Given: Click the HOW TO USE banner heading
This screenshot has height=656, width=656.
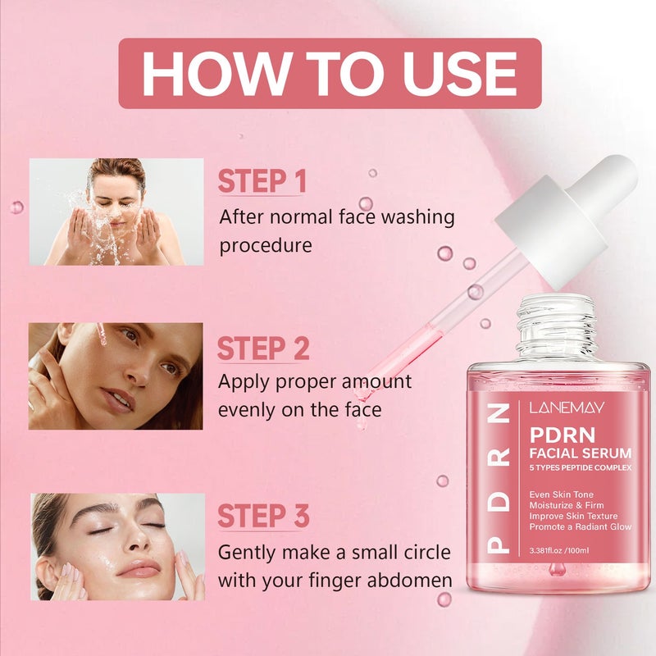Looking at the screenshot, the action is coord(330,74).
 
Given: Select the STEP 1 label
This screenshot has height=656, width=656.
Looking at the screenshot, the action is coord(262,181).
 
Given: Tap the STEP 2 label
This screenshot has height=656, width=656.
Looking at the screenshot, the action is coord(263,348).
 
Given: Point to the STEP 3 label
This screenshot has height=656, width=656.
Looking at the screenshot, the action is coord(263,516).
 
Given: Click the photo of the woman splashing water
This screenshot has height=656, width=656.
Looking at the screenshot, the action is coord(116,212).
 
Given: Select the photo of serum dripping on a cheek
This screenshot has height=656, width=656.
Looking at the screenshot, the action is coord(116,376).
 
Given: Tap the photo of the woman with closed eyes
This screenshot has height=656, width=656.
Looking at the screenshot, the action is coord(117,547).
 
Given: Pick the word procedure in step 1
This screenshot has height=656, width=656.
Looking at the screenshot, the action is coord(266,245).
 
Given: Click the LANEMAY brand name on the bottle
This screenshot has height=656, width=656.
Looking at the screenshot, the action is coord(567,408).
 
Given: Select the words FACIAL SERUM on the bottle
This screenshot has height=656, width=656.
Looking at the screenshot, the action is coord(581,453).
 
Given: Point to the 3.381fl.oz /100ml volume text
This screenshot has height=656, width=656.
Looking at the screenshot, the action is coord(559,550).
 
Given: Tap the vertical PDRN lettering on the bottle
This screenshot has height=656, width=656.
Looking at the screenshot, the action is coord(499,478).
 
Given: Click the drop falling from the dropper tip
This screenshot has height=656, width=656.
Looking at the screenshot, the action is coord(361,423).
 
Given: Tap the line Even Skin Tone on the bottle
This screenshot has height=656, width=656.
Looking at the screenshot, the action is coord(562,494).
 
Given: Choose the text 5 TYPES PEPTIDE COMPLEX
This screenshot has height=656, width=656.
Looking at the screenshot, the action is coord(581,467).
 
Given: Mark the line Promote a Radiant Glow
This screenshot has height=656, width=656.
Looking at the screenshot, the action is coord(581,526).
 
